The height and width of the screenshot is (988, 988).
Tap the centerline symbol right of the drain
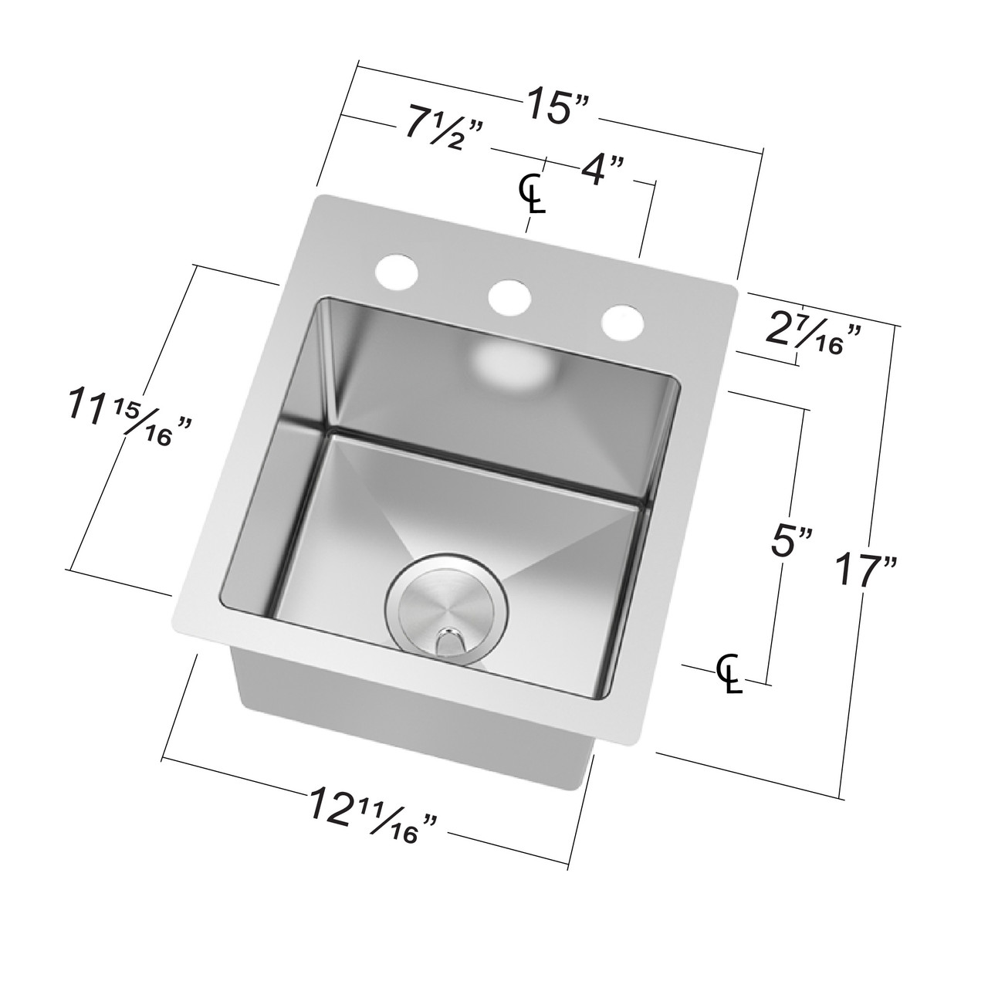pos(729,673)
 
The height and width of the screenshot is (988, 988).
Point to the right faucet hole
pos(622,322)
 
